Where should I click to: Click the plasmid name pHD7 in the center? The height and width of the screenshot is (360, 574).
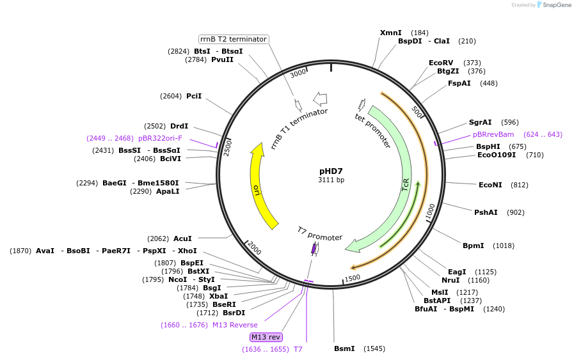331,171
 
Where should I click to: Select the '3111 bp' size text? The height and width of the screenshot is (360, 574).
331,180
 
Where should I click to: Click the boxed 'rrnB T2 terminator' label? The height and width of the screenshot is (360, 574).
233,39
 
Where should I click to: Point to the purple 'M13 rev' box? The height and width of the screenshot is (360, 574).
266,337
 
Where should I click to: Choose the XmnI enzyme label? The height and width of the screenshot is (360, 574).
390,33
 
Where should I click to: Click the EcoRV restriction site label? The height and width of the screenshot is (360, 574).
441,63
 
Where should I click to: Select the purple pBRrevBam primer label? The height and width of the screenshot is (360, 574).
493,134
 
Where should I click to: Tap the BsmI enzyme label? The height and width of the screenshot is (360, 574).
344,348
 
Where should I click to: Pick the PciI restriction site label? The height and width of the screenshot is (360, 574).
194,96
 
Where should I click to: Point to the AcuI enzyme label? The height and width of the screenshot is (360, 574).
182,239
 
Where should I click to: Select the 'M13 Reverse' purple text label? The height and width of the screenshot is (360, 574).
235,325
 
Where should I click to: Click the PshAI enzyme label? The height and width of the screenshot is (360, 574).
486,212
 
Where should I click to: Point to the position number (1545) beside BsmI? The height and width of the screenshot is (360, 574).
374,348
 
